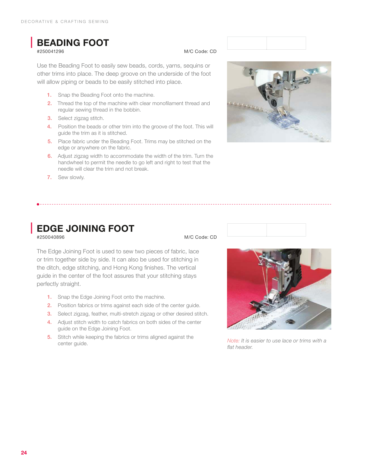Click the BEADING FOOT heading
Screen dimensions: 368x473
point(73,43)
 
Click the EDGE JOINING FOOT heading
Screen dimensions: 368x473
point(85,228)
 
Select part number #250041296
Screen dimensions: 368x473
point(50,52)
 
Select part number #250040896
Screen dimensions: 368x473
point(51,237)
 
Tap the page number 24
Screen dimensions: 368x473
point(24,453)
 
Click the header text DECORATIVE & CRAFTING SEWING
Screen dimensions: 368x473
point(65,22)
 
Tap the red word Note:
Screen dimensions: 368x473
point(233,341)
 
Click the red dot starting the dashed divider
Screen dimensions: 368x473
point(38,204)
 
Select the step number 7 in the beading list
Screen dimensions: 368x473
point(49,177)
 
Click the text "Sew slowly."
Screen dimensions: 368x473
point(71,177)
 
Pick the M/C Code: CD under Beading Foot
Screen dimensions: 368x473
point(200,52)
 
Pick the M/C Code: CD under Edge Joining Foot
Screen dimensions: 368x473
point(201,237)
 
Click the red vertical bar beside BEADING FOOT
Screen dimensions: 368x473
point(31,42)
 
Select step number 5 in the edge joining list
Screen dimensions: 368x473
point(49,337)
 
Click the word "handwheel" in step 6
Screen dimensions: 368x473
point(71,163)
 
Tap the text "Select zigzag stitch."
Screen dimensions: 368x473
point(81,118)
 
